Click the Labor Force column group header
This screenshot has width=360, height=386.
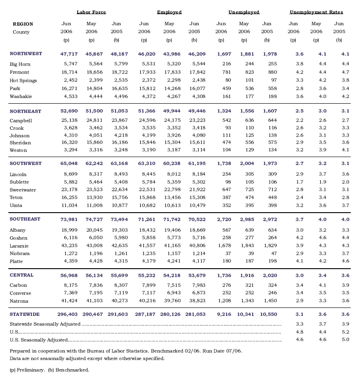(x=91, y=12)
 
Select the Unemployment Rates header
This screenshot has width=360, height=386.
(x=316, y=12)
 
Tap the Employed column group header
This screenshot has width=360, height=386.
(x=169, y=12)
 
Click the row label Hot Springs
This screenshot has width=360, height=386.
(x=23, y=80)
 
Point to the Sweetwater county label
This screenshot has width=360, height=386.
(x=22, y=190)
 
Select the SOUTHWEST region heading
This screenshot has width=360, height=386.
(x=25, y=163)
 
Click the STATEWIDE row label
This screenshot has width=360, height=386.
(x=25, y=314)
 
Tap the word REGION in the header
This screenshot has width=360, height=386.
(x=23, y=24)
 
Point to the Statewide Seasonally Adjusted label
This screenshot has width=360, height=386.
(x=45, y=324)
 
